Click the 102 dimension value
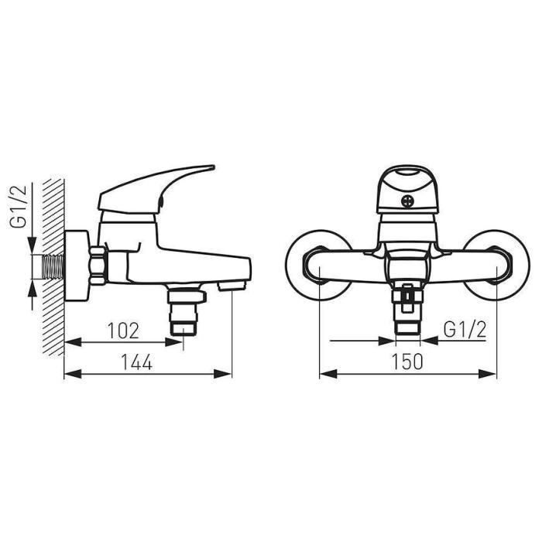tap(123, 331)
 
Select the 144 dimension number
tap(136, 362)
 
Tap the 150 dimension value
tap(406, 362)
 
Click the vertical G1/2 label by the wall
tap(19, 207)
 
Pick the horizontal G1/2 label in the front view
tap(465, 330)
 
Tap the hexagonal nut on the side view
tap(97, 266)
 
